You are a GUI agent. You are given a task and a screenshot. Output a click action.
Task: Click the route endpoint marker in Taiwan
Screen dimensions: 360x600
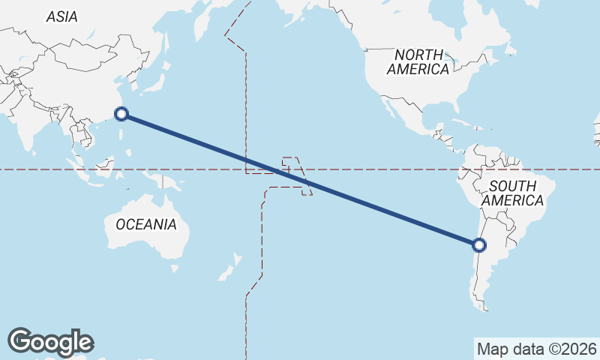121,114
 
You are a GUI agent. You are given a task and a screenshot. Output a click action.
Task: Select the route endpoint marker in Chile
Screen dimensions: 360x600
479,244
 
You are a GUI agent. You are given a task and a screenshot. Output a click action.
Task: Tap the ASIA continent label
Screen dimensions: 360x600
61,16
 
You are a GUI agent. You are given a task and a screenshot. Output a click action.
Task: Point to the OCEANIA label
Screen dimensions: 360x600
145,224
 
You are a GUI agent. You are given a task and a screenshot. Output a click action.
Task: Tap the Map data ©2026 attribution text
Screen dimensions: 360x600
537,349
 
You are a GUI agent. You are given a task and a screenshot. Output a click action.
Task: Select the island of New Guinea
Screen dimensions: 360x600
169,184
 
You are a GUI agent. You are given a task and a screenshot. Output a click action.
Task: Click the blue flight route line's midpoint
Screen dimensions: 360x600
300,179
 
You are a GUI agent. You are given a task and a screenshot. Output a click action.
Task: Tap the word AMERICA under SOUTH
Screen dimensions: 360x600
512,201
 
